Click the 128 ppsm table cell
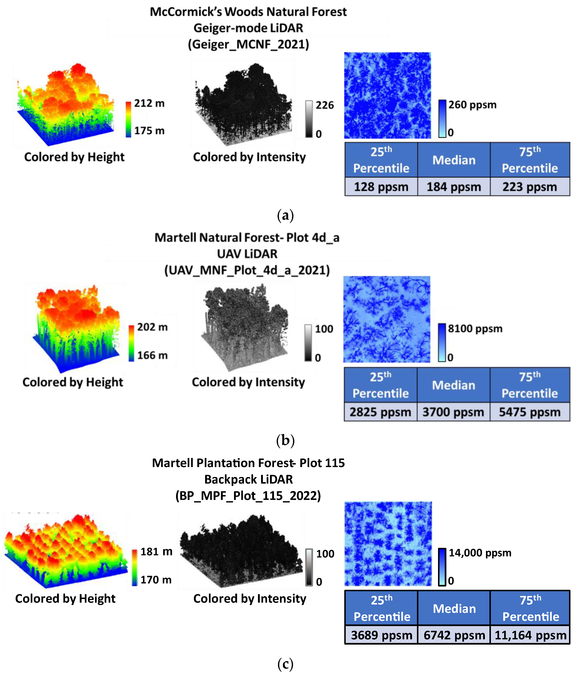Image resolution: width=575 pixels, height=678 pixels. click(x=381, y=187)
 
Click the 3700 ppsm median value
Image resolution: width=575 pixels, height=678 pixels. click(x=453, y=412)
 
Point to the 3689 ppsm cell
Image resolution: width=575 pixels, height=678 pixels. click(x=381, y=635)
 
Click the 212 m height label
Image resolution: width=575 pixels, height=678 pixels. click(x=149, y=103)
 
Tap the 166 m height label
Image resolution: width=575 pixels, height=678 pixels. click(x=152, y=355)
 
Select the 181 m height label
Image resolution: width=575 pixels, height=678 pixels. click(x=156, y=551)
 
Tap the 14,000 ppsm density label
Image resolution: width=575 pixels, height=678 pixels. click(x=480, y=553)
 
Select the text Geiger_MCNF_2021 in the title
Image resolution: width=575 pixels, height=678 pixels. click(x=248, y=44)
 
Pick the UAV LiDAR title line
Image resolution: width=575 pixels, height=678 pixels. click(x=247, y=254)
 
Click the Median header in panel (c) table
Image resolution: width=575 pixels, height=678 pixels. click(x=454, y=608)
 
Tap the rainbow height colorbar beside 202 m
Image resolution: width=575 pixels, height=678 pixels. click(x=131, y=343)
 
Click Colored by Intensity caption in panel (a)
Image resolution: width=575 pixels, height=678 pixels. click(x=249, y=157)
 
